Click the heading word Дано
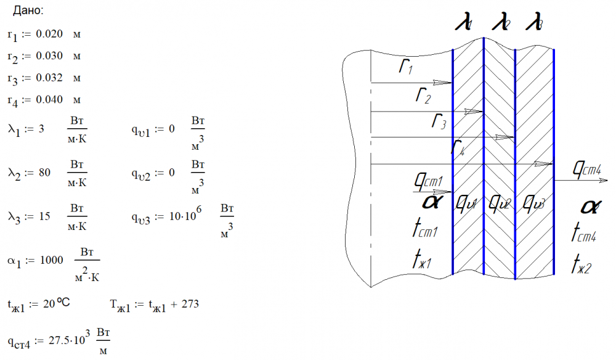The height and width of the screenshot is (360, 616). tap(28, 11)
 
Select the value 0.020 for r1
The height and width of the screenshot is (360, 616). tap(49, 34)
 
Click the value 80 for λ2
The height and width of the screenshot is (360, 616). tap(44, 173)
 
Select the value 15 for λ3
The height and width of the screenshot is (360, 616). tap(44, 217)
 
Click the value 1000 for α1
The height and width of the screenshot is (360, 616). tap(51, 260)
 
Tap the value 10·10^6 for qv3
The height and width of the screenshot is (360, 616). tap(183, 217)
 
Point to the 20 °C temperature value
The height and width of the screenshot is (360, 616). tap(57, 304)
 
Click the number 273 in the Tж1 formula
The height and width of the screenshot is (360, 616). tap(190, 305)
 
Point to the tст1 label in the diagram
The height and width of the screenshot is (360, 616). tap(424, 230)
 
